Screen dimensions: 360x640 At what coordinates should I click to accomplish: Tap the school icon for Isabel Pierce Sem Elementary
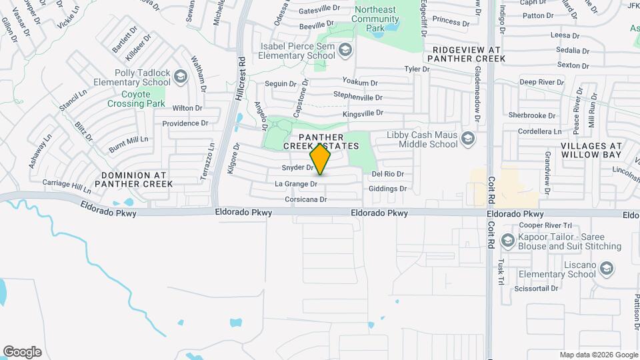pyautogui.click(x=345, y=50)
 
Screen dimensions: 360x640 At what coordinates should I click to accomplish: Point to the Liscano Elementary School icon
pyautogui.click(x=606, y=269)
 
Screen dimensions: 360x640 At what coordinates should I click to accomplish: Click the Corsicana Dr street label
pyautogui.click(x=306, y=199)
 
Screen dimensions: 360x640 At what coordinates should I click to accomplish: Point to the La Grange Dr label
pyautogui.click(x=296, y=183)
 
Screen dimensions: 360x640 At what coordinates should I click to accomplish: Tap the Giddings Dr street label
pyautogui.click(x=389, y=189)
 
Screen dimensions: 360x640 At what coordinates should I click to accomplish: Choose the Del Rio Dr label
pyautogui.click(x=387, y=173)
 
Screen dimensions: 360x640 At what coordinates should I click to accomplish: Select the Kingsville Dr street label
pyautogui.click(x=363, y=114)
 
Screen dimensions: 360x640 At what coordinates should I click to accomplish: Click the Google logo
pyautogui.click(x=22, y=352)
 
